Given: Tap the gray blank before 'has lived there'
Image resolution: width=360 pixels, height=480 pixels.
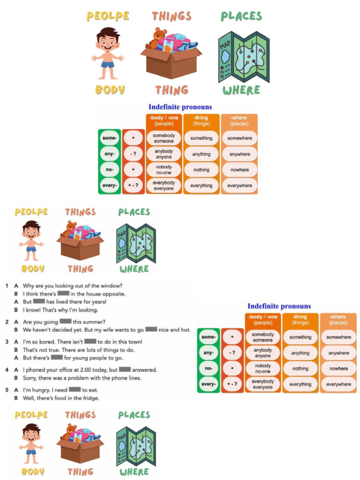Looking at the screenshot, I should (39, 301).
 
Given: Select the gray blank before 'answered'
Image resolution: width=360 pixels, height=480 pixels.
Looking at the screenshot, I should (125, 369).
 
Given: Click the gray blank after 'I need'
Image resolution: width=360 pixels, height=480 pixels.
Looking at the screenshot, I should (75, 390).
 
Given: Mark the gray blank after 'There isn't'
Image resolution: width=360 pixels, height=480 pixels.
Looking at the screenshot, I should (90, 342).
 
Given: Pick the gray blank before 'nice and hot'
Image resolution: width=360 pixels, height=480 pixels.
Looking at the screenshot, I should (151, 330).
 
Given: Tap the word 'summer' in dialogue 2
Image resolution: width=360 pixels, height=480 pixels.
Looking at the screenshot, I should (87, 322).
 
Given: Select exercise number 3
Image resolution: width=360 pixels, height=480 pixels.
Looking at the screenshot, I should (7, 342).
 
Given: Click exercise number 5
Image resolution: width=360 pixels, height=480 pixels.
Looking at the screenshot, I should (7, 390).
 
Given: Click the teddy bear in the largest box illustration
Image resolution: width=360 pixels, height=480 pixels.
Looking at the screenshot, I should (157, 37).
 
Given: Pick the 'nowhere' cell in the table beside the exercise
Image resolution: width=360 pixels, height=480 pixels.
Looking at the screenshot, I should (338, 368).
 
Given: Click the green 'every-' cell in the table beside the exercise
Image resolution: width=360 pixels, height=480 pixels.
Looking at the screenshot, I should (209, 384).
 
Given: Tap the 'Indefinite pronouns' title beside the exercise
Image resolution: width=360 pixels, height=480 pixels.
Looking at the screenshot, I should (279, 306).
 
